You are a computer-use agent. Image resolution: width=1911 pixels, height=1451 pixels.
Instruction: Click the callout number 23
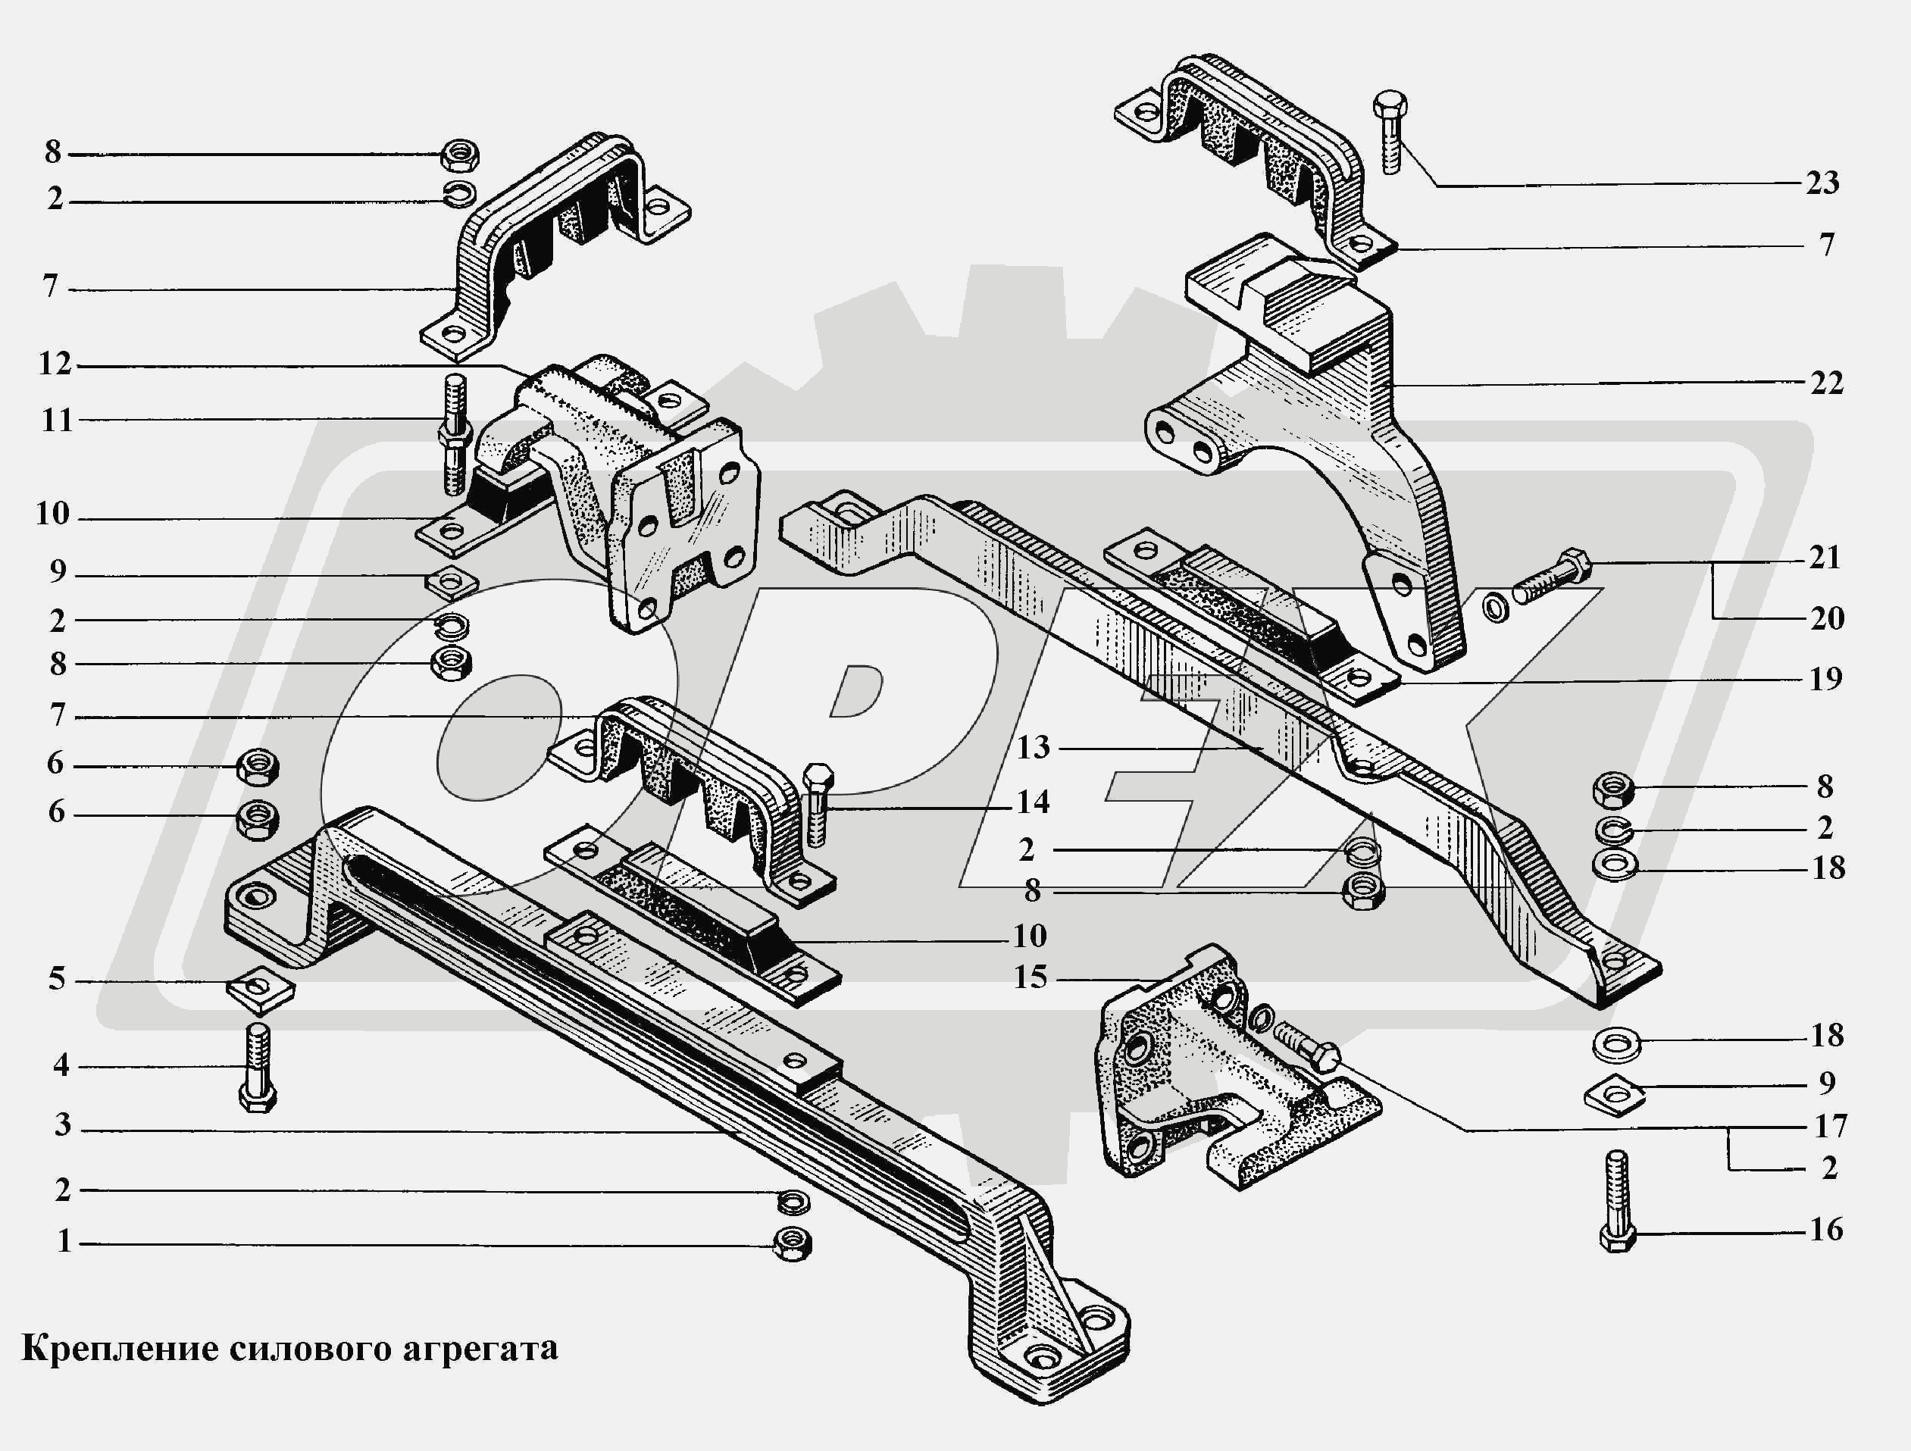point(1822,183)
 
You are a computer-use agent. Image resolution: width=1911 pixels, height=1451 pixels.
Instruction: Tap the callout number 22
point(1826,383)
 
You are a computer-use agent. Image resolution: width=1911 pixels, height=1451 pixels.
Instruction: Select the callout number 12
point(55,364)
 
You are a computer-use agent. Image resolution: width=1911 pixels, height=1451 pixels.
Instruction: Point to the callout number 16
point(1826,1229)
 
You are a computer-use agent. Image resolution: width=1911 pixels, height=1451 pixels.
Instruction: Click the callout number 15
point(1030,977)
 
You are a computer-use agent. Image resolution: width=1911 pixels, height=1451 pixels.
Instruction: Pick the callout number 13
point(1032,747)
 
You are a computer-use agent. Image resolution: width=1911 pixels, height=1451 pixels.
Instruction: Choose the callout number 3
point(62,1125)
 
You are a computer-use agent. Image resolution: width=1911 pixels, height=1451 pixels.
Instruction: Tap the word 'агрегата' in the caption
point(479,1348)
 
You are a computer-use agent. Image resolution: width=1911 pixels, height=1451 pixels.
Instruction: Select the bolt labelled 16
point(1617,1200)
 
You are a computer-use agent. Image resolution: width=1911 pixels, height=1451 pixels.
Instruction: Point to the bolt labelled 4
point(258,1068)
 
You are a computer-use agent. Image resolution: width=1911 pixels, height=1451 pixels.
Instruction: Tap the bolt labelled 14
point(816,803)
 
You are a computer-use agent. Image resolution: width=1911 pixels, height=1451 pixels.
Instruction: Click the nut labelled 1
point(791,1243)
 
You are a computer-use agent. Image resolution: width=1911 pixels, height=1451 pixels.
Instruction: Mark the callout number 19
point(1825,679)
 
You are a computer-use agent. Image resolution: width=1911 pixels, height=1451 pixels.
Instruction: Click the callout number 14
point(1032,802)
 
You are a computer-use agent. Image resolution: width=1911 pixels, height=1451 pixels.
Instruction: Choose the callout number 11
point(57,421)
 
